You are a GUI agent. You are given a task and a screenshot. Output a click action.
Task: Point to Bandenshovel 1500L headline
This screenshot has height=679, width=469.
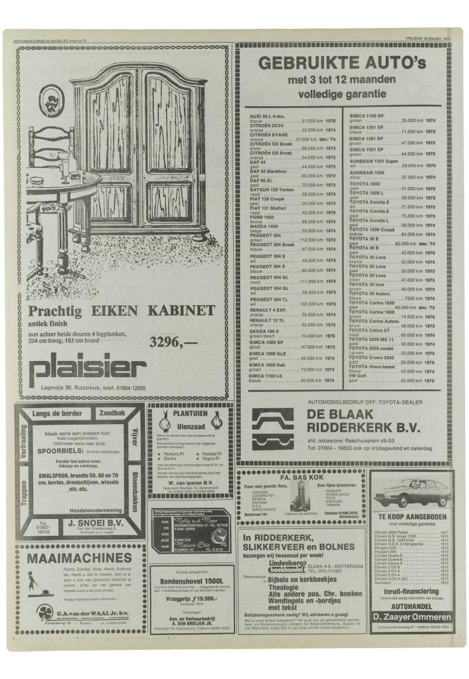point(189,581)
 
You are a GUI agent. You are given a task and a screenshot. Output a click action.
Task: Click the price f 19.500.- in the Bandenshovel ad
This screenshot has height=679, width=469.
point(189,601)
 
